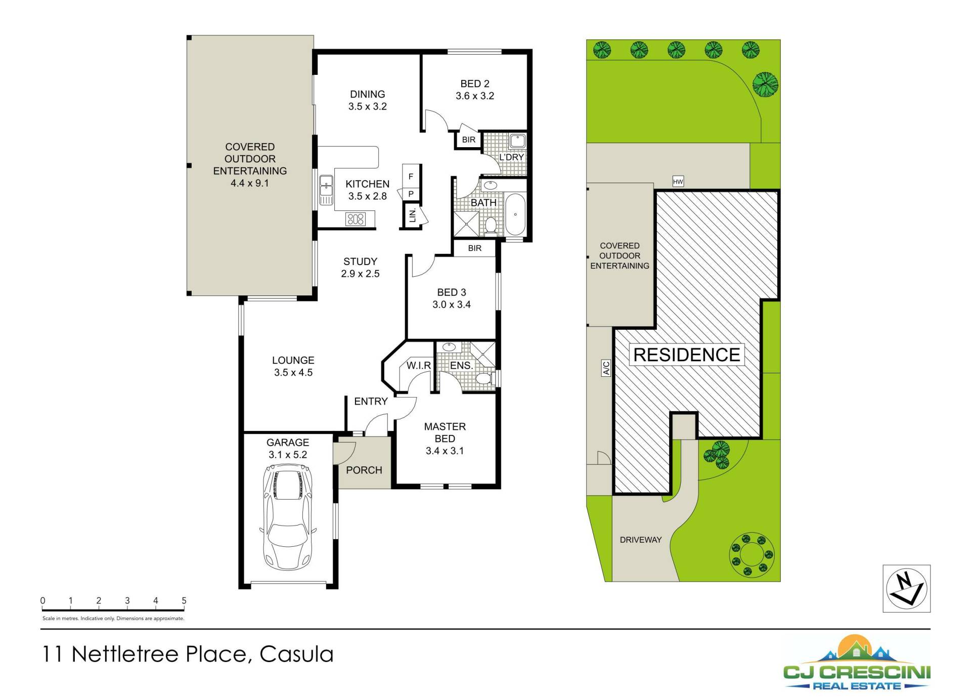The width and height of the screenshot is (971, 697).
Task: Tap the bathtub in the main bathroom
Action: [515, 214]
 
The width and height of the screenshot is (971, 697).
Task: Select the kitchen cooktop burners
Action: [355, 219]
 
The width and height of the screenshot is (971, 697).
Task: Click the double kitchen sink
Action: [326, 190]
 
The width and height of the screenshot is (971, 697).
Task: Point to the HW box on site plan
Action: [678, 182]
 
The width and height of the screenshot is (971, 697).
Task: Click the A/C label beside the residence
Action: [606, 368]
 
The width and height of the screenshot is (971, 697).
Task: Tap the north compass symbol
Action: [906, 588]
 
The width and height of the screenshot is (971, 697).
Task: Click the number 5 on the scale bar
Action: [184, 600]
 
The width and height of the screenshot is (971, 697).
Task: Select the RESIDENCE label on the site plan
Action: [687, 355]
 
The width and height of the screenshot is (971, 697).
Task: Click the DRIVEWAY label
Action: [640, 540]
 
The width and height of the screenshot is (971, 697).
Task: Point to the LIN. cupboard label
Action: [413, 215]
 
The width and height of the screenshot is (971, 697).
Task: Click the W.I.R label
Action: [419, 365]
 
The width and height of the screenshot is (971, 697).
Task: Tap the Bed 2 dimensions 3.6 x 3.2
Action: [475, 96]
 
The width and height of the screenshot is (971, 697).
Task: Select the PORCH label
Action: [364, 470]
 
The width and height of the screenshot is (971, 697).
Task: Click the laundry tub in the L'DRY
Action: [517, 141]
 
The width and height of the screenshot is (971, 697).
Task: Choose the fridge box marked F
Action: [411, 176]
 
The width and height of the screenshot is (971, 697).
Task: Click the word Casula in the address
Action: [296, 654]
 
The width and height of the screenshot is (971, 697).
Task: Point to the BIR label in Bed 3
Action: [475, 248]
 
